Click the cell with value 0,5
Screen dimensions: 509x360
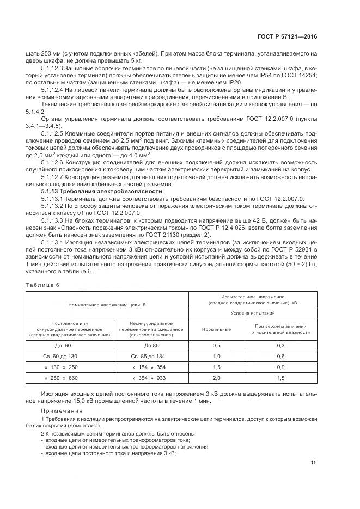pyautogui.click(x=216, y=345)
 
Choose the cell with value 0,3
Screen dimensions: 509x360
pyautogui.click(x=281, y=345)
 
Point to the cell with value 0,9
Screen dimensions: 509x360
pyautogui.click(x=281, y=367)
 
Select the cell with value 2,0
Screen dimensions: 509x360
pyautogui.click(x=216, y=378)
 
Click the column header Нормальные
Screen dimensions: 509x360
pyautogui.click(x=216, y=329)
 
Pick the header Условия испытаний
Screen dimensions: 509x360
pyautogui.click(x=251, y=314)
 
